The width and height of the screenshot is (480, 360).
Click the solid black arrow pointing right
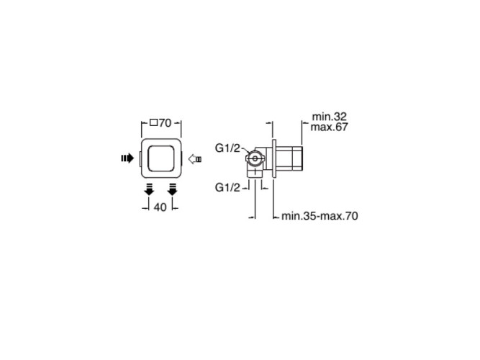pos(127,158)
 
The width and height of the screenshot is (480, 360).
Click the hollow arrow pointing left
pos(195,159)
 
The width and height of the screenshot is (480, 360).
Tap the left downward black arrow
pos(149,189)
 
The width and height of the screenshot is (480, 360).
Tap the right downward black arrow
pos(172,189)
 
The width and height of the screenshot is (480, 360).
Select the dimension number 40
pos(160,207)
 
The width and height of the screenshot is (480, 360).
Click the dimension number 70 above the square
pos(166,123)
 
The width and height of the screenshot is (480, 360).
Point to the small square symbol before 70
pos(154,123)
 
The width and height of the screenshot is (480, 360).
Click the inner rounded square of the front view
pos(161,158)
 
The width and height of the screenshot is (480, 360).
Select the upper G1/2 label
pos(227,148)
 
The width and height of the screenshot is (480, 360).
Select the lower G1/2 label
pos(227,187)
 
